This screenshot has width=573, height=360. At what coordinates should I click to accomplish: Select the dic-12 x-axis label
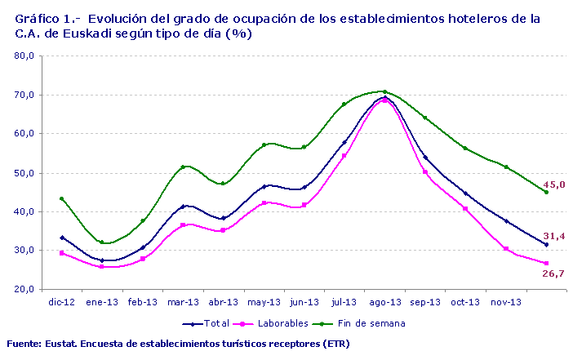point(62,302)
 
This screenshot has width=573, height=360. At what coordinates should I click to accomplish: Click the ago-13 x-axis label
point(384,302)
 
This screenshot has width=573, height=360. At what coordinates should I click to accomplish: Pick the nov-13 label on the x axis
point(505,302)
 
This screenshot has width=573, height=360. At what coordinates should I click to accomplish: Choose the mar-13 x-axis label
point(183,302)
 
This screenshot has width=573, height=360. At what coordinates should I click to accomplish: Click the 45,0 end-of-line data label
point(554,185)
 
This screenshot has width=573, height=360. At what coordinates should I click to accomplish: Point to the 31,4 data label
point(554,236)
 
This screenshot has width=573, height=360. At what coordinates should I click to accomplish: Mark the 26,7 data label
point(554,273)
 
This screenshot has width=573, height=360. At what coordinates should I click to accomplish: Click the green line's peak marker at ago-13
point(384,91)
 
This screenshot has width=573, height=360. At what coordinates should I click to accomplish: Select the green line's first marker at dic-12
point(62,198)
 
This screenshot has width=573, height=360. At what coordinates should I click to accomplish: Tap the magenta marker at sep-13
point(424,171)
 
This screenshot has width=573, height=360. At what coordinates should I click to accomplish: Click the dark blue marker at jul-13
point(344,142)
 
